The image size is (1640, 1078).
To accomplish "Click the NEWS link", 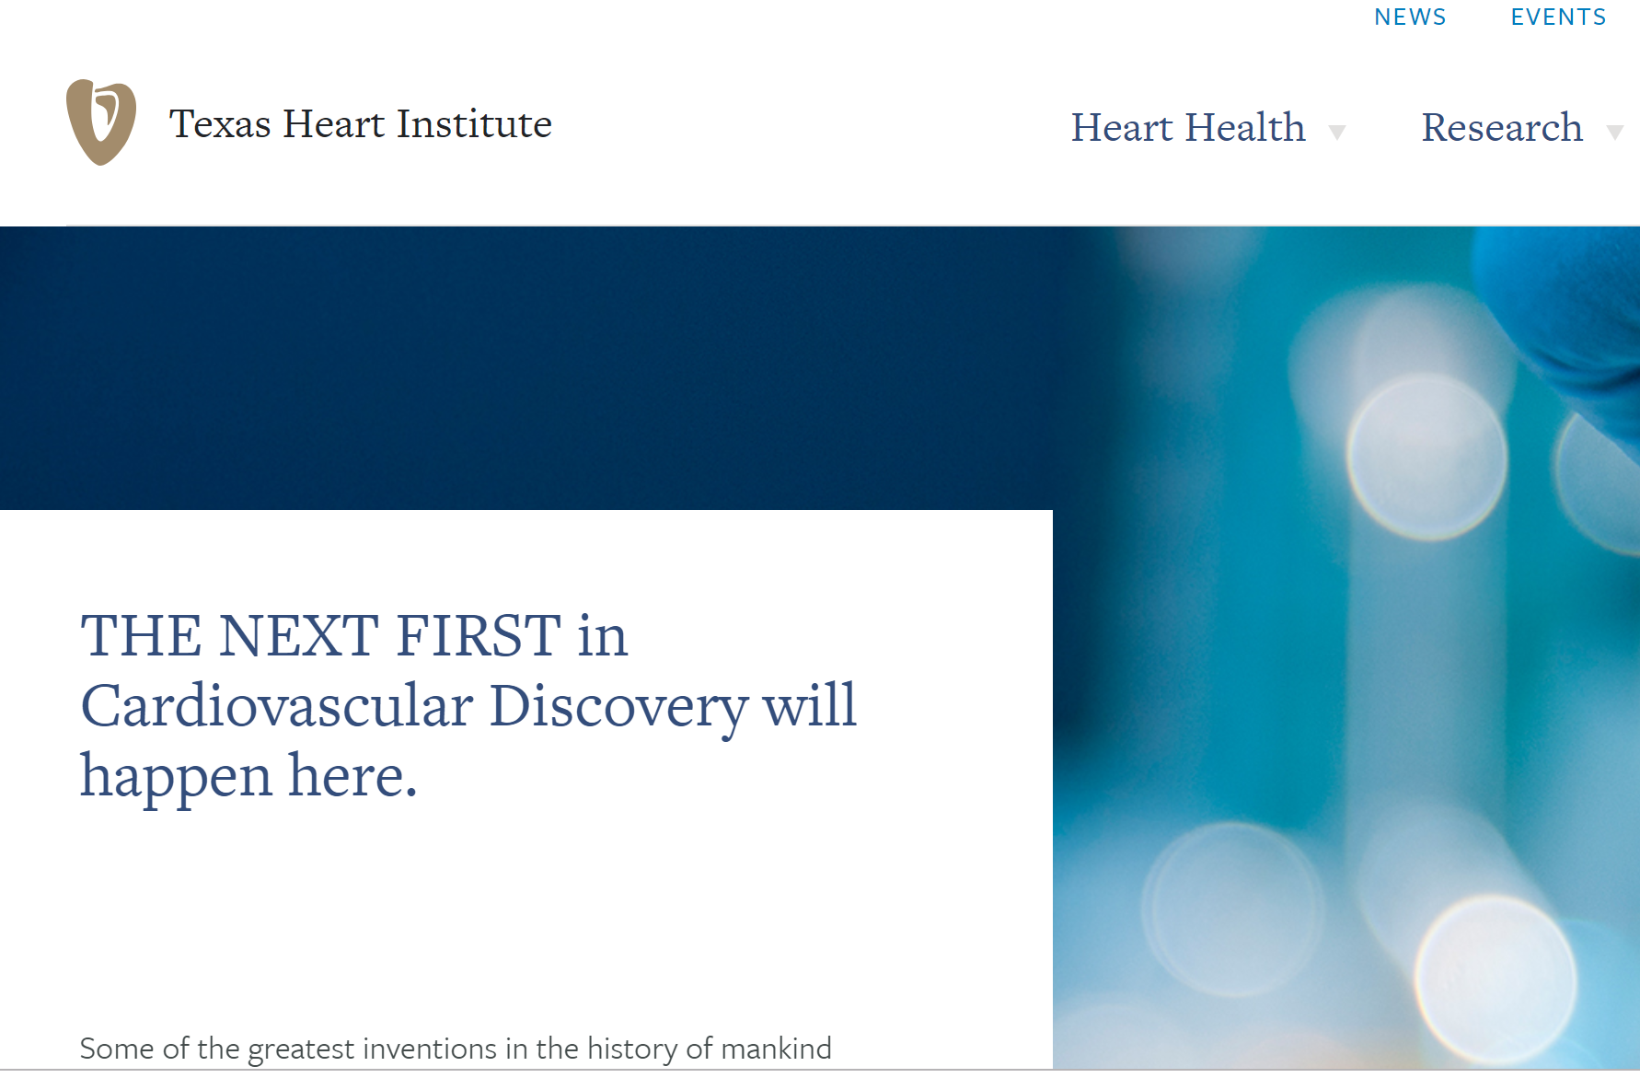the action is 1410,17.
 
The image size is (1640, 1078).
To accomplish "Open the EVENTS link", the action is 1558,17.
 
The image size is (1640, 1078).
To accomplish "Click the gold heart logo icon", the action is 101,122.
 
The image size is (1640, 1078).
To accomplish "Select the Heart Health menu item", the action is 1188,127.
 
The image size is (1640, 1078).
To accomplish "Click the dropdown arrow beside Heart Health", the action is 1337,133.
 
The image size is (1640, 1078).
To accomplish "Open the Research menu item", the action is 1502,127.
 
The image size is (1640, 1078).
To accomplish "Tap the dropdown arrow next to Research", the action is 1614,133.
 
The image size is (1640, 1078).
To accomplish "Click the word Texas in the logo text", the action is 220,123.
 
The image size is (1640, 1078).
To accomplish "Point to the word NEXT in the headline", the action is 299,635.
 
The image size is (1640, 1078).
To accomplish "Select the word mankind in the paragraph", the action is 776,1048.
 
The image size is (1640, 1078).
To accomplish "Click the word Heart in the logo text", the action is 334,123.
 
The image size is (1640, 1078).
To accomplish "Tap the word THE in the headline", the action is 142,635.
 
